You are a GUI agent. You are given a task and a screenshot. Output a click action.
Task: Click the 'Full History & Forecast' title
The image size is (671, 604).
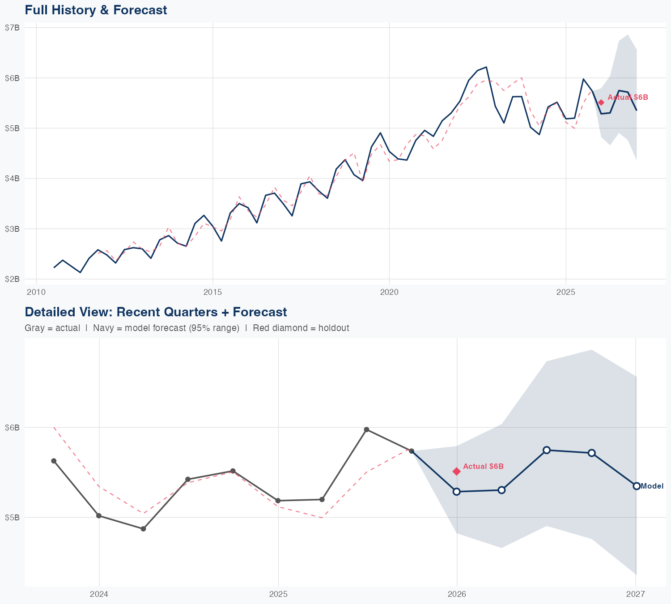(96, 10)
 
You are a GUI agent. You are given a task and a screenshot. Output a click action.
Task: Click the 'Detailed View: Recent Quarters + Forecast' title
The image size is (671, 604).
(156, 312)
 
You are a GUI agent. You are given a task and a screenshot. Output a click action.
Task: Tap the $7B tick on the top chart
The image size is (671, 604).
(12, 28)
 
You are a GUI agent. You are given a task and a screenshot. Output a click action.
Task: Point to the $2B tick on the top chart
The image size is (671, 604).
(12, 279)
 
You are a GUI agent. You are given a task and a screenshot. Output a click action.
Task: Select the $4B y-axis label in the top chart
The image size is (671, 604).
(12, 179)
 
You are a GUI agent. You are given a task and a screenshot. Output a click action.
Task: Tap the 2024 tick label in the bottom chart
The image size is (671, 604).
(99, 594)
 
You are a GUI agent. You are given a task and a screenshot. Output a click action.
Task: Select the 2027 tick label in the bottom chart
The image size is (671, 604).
(635, 594)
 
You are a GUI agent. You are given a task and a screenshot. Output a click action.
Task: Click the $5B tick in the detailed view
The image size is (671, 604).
(12, 518)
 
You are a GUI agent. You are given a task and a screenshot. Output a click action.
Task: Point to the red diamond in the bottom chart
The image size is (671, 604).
(456, 471)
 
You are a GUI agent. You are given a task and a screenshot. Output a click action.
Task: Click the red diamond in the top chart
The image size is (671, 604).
(601, 102)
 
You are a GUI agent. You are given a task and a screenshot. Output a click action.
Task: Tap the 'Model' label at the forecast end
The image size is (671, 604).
(652, 486)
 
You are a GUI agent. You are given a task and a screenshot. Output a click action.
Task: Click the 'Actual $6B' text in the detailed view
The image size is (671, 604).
(483, 467)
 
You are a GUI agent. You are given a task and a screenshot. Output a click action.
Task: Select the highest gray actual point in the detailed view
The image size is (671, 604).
(366, 430)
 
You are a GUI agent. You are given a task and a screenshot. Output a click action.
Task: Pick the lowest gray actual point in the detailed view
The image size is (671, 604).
(143, 529)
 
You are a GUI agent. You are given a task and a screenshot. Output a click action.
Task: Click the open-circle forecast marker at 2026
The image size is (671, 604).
(456, 492)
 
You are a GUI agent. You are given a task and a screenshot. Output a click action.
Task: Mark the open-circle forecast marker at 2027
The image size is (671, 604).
(636, 486)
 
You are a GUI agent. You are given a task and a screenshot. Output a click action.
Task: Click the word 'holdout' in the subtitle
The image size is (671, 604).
(335, 328)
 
